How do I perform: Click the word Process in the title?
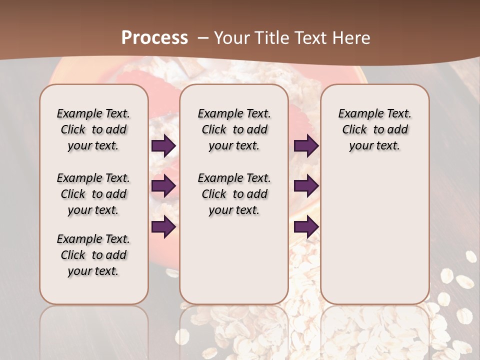pyautogui.click(x=154, y=38)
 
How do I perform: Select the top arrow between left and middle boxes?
pyautogui.click(x=163, y=146)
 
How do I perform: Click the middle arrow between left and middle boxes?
pyautogui.click(x=163, y=186)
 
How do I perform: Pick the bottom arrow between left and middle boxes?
pyautogui.click(x=163, y=227)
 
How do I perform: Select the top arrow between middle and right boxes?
pyautogui.click(x=306, y=146)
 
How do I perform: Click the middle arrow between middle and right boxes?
pyautogui.click(x=306, y=186)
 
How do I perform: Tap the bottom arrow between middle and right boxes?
pyautogui.click(x=306, y=227)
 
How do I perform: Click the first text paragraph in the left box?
pyautogui.click(x=93, y=129)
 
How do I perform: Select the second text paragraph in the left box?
pyautogui.click(x=93, y=194)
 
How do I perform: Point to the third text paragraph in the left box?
pyautogui.click(x=93, y=255)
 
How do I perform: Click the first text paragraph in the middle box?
pyautogui.click(x=234, y=129)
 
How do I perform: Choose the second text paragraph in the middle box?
pyautogui.click(x=234, y=194)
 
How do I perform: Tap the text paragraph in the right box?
pyautogui.click(x=374, y=129)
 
